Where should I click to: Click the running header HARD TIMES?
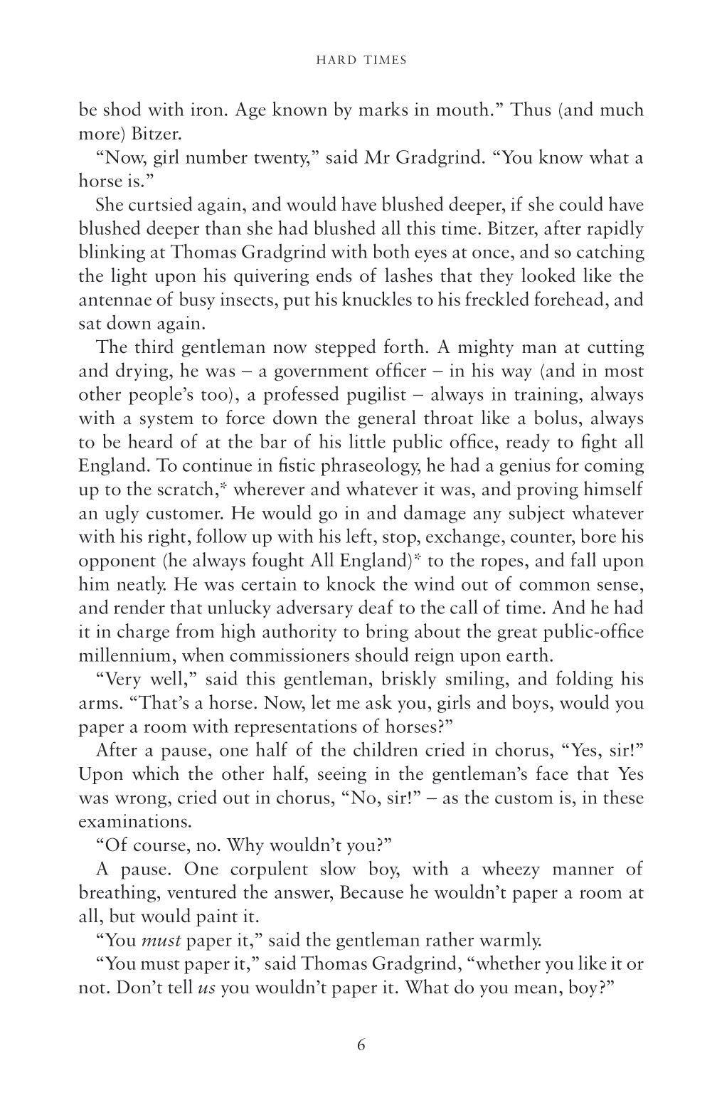[x=361, y=60]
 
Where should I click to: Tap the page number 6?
[x=361, y=1045]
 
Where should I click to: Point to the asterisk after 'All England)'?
[x=418, y=559]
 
